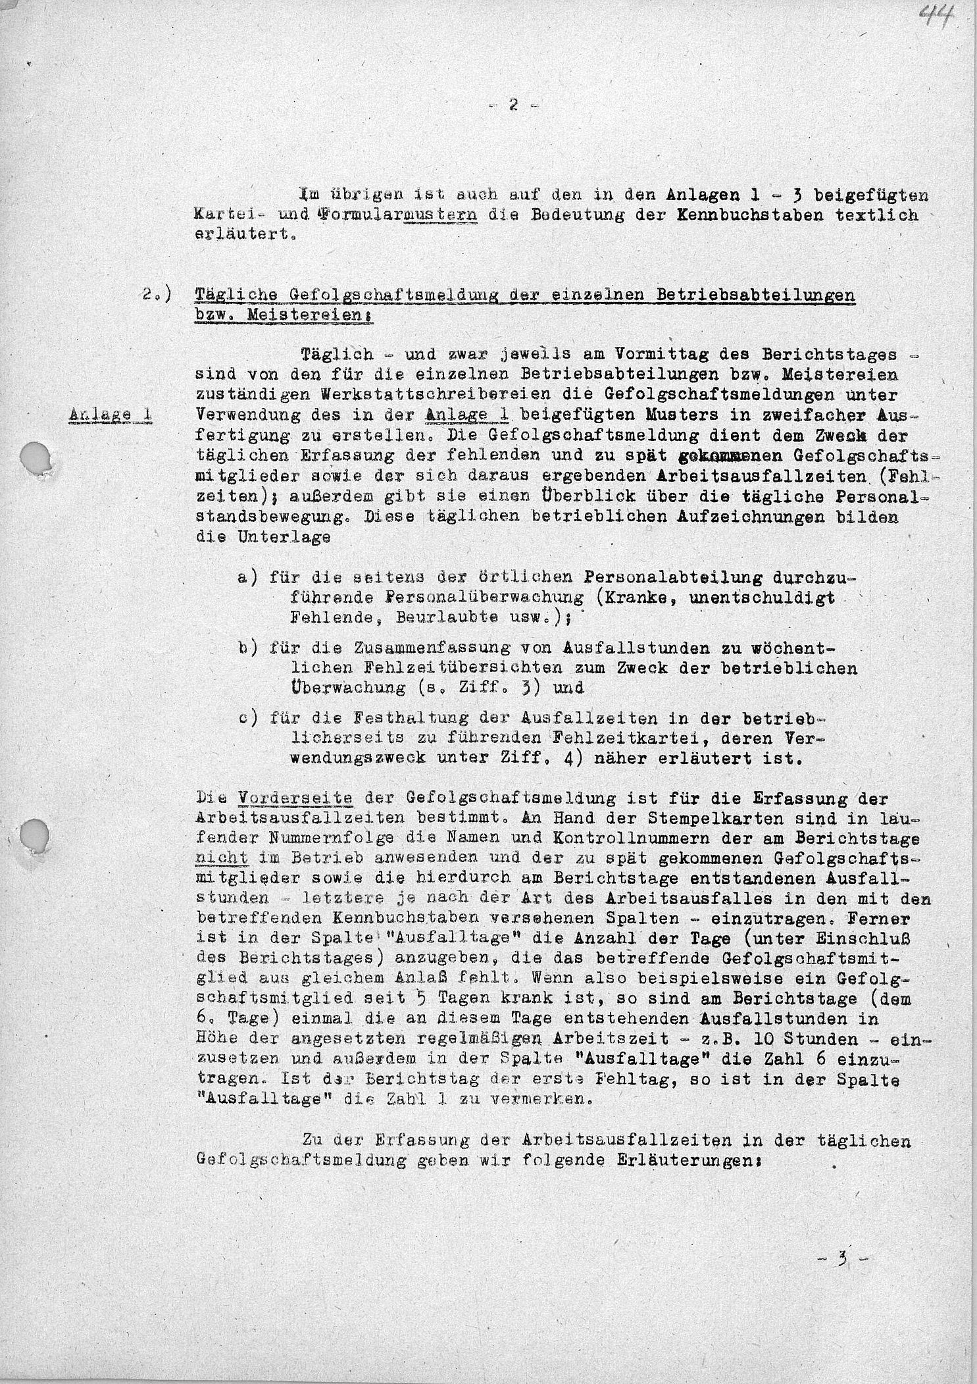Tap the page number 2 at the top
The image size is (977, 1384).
tap(514, 105)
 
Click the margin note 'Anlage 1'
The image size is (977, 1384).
tap(111, 415)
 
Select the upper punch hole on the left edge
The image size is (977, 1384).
tap(34, 455)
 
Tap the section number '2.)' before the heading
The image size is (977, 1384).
tap(157, 294)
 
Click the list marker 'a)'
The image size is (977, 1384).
tap(248, 577)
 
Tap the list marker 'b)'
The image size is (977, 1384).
tap(248, 648)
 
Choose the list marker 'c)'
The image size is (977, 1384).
tap(248, 719)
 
